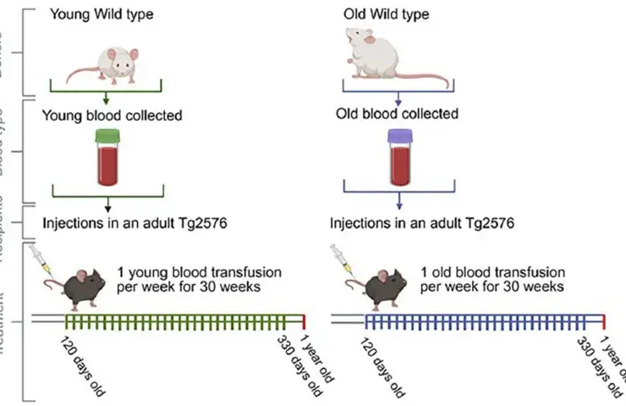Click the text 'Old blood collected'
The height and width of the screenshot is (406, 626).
(398, 113)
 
